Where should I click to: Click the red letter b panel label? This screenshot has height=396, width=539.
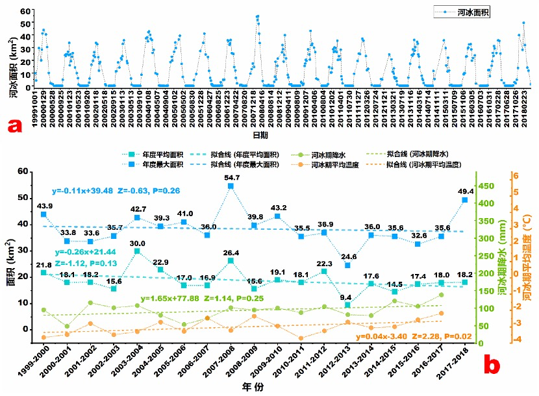[x=491, y=365]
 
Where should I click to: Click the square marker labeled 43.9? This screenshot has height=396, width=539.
[x=44, y=214]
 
